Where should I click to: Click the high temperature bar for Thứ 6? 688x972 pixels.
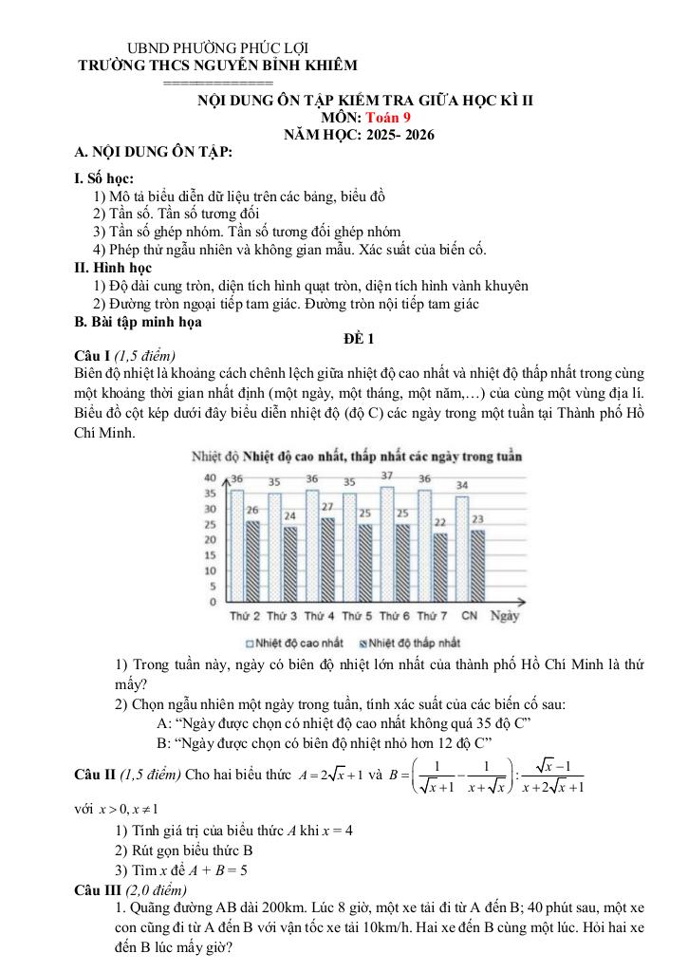[x=385, y=545]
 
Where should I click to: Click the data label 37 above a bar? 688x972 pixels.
[x=387, y=475]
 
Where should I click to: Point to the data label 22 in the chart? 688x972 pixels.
[x=439, y=522]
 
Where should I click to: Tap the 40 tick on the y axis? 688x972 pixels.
[x=212, y=477]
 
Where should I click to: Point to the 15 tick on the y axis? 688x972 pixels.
[x=212, y=555]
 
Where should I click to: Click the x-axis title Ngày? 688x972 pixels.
[x=504, y=617]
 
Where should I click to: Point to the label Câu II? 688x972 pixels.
[x=95, y=775]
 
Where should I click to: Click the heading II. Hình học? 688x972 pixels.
[x=113, y=269]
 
